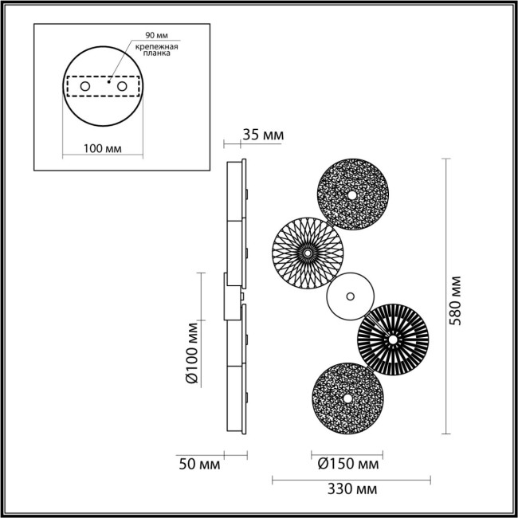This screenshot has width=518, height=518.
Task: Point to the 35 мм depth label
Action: (262, 135)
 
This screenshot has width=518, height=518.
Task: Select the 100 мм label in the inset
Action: (101, 148)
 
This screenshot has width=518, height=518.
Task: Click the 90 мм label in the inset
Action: (155, 37)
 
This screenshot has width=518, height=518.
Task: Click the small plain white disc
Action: (350, 296)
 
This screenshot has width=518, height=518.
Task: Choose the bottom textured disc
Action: (345, 397)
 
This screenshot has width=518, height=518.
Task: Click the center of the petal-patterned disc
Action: (307, 251)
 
